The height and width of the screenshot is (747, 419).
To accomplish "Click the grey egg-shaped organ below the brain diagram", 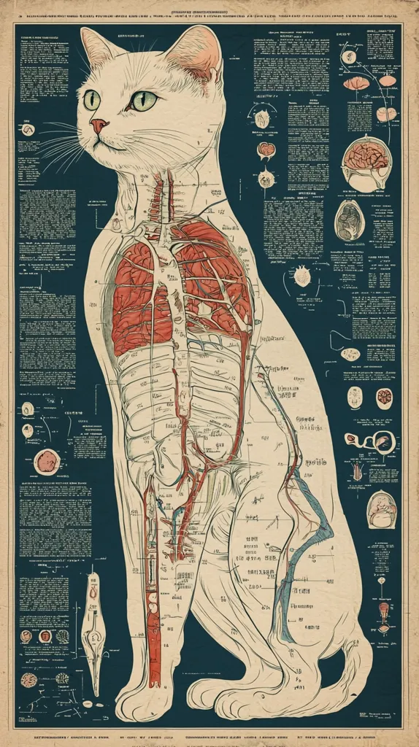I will (x=350, y=220).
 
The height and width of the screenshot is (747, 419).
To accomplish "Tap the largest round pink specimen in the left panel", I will (x=47, y=461).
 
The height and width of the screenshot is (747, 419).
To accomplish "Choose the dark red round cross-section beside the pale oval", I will (x=384, y=398).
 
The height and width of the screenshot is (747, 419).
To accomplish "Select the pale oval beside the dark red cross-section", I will (x=355, y=398).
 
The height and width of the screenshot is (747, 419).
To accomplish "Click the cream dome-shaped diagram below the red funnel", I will (x=381, y=508).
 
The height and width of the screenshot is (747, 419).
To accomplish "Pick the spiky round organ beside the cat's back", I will (x=301, y=275).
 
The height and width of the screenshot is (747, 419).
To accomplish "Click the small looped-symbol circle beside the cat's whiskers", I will (x=28, y=130).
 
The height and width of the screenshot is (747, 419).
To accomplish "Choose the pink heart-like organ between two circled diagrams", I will (x=266, y=150).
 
